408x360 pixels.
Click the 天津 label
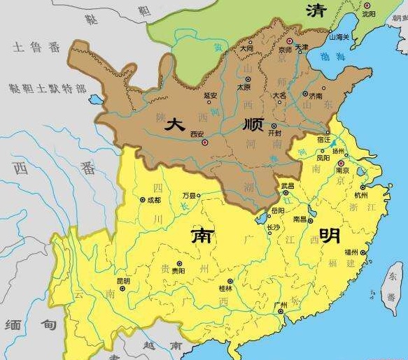302,47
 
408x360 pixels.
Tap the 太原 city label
243,87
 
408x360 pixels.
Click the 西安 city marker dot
205,142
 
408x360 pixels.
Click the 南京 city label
342,170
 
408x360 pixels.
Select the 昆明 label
123,280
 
